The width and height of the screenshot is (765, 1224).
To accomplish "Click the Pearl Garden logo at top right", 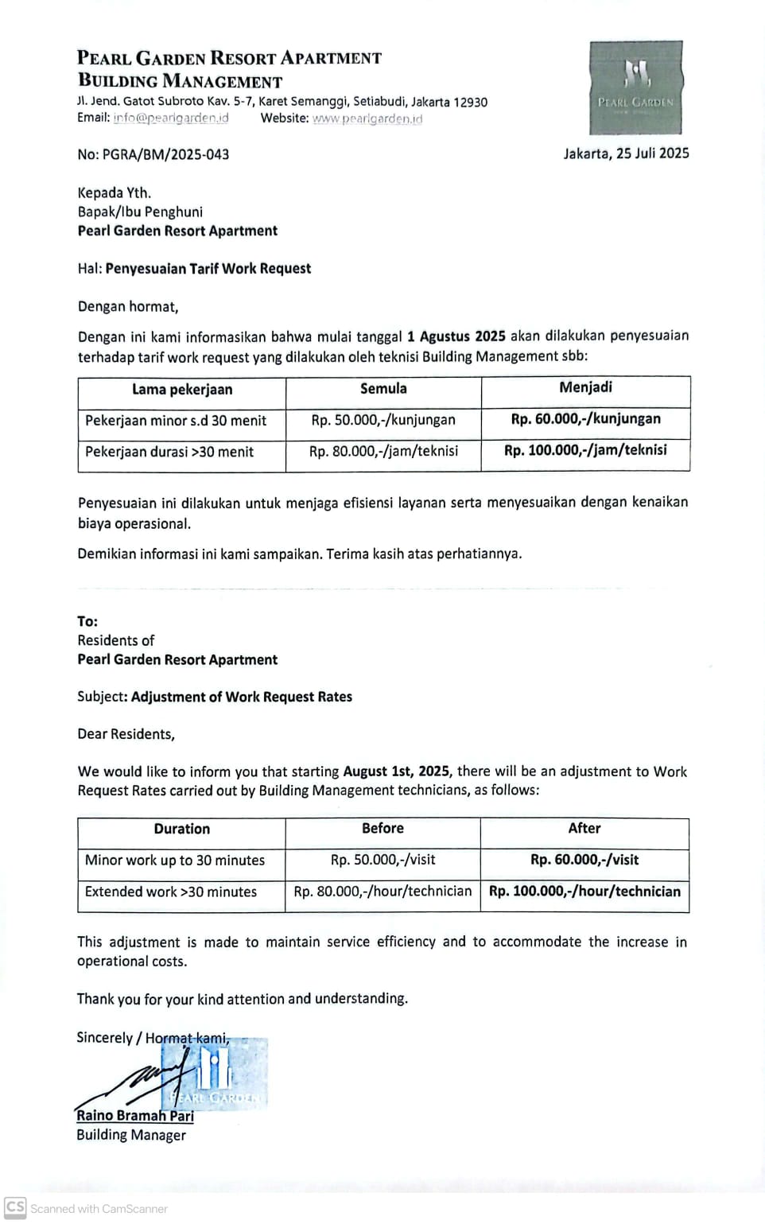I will coord(635,87).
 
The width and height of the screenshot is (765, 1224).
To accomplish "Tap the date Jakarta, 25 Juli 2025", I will coord(626,153).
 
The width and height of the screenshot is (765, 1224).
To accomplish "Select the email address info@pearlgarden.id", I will coord(170,118).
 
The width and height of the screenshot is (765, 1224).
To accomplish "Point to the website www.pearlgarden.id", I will coord(367,119).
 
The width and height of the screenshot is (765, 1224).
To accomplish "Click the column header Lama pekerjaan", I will coord(182,390).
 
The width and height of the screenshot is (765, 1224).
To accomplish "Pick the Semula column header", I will coord(383,389).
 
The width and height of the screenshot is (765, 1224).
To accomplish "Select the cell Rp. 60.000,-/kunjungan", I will coord(585,419).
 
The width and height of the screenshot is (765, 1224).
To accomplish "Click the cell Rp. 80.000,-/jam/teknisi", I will coord(383,451).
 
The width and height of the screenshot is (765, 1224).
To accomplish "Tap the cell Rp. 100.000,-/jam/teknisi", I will coord(585,450).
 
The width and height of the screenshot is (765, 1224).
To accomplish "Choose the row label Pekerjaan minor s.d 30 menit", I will coord(176,421).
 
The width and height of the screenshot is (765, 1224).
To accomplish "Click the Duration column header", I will coord(182,829).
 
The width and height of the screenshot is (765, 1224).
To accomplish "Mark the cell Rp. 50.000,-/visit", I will coord(382,860).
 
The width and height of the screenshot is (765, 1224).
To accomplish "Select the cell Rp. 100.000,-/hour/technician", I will coord(584,892).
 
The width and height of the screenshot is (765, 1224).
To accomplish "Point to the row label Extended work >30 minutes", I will coord(171,892).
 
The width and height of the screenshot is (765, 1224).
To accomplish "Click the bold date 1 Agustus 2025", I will coord(456,336).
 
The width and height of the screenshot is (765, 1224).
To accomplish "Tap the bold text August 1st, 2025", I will coord(397,771).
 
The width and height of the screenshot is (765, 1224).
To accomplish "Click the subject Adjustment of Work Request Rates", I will coord(241,697).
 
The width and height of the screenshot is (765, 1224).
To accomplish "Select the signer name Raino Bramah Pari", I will coord(135,1116).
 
